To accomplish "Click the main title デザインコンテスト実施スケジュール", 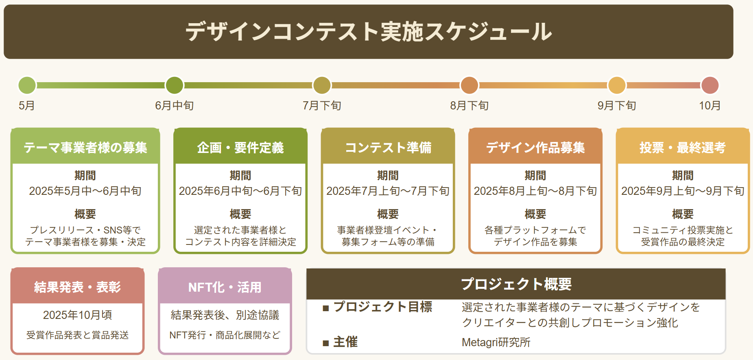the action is tap(369, 32).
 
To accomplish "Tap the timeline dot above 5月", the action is tap(27, 85).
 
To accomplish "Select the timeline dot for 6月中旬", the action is tap(175, 85).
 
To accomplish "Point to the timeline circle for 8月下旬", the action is tap(469, 85).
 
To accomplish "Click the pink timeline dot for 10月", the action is tap(710, 85).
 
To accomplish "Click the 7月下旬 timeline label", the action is tap(322, 106).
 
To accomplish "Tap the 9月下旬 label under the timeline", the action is tap(617, 106).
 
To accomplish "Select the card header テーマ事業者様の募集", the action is tap(85, 147).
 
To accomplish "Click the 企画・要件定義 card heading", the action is tap(240, 147).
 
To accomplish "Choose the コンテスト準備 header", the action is tap(388, 147).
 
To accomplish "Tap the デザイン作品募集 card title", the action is tap(535, 147).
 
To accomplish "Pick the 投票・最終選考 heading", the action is tap(683, 147).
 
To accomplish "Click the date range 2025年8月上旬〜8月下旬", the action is tap(535, 191).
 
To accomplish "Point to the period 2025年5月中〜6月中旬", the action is tap(85, 191).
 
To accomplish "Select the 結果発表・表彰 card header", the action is tap(78, 287).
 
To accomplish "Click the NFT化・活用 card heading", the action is tap(225, 287).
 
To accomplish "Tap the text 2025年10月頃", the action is tap(78, 315).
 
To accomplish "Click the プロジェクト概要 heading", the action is tap(516, 284).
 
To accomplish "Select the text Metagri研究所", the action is tap(496, 343).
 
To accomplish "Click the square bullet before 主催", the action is tap(325, 343).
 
